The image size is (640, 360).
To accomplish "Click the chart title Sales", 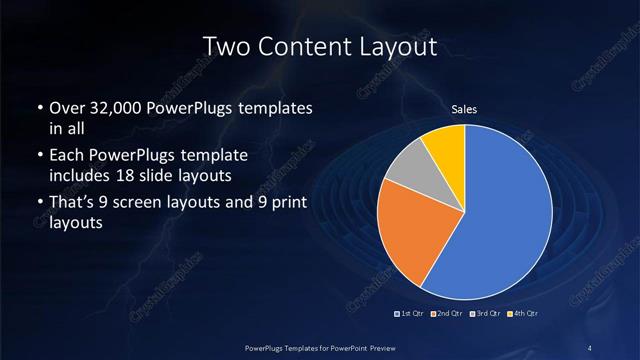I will (x=465, y=108).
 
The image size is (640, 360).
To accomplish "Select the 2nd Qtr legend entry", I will (x=448, y=314).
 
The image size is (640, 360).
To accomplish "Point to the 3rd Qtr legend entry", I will (x=486, y=314).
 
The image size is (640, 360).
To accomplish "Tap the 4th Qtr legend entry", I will (x=524, y=314).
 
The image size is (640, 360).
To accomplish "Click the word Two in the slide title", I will (x=224, y=46).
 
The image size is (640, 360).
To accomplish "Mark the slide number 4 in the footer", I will (x=590, y=346).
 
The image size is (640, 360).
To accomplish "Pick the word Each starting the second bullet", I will (x=68, y=156).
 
